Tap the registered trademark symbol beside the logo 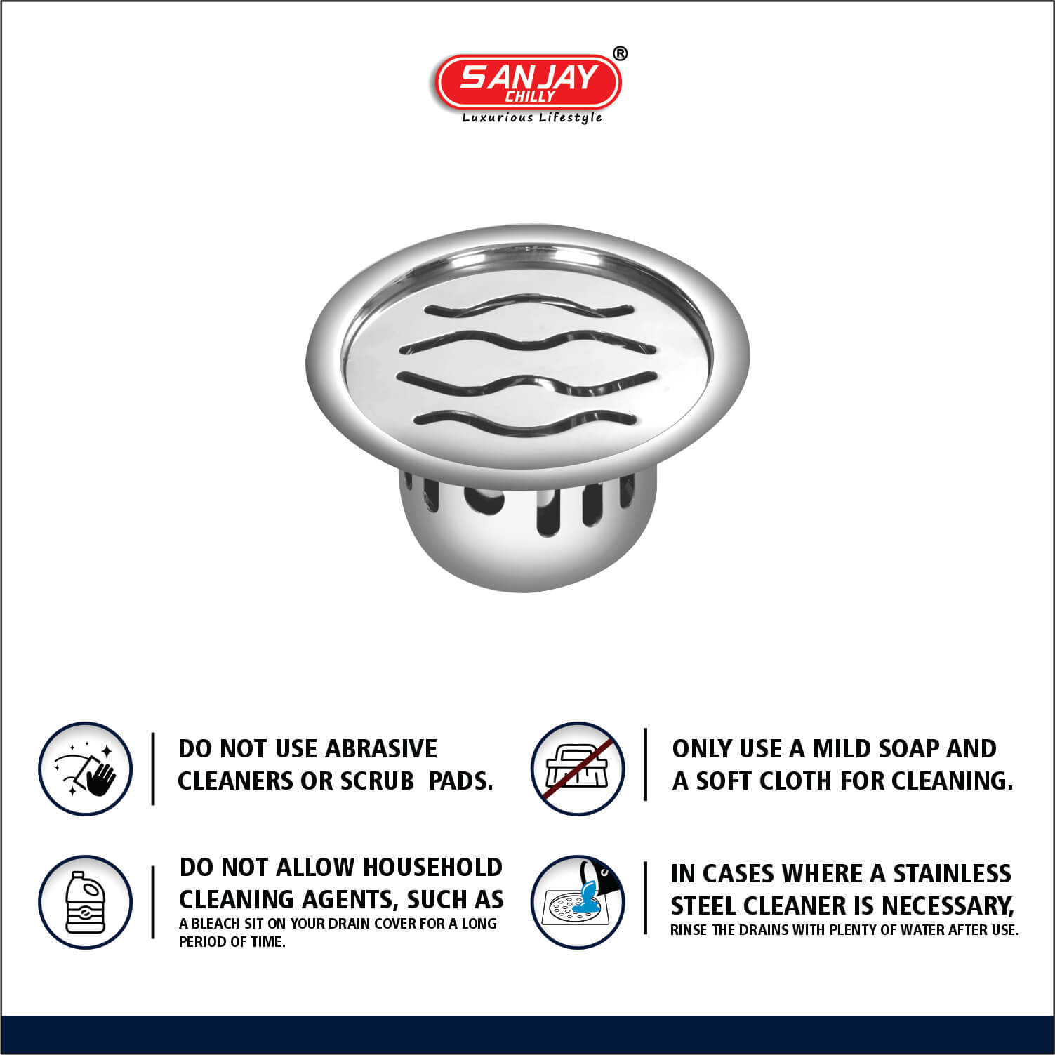621,53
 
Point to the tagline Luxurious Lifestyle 532,118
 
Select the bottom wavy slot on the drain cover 529,420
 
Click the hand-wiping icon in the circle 86,769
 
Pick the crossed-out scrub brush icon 578,769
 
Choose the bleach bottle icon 86,902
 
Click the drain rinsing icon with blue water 578,902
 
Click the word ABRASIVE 381,749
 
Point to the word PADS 460,781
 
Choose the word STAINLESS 952,874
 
